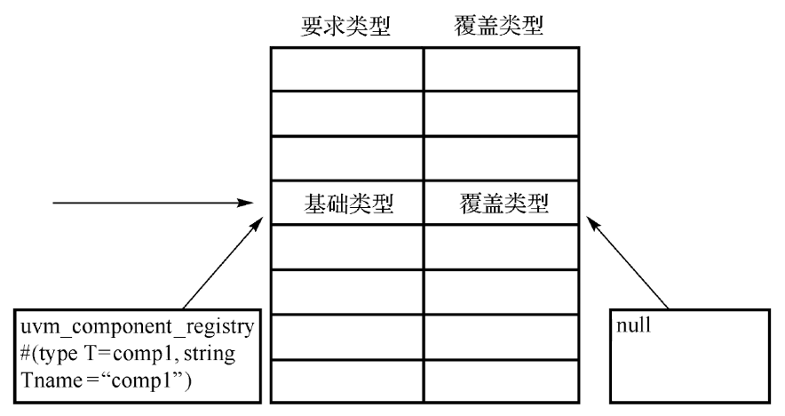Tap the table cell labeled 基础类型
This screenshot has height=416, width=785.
click(x=346, y=204)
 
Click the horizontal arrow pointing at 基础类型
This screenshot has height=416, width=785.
click(x=151, y=204)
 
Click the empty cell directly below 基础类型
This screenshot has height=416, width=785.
click(x=346, y=248)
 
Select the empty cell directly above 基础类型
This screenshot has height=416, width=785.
click(x=346, y=159)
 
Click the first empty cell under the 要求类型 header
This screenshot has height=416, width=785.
click(x=346, y=68)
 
